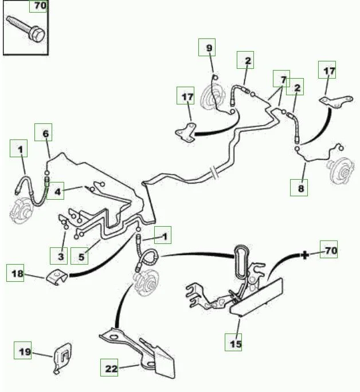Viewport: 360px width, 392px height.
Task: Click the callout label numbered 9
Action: tap(208, 47)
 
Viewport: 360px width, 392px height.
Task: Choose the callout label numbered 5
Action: tap(83, 257)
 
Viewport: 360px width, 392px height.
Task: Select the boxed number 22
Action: tap(111, 368)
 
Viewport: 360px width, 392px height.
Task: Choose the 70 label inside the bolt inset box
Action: tap(38, 6)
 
